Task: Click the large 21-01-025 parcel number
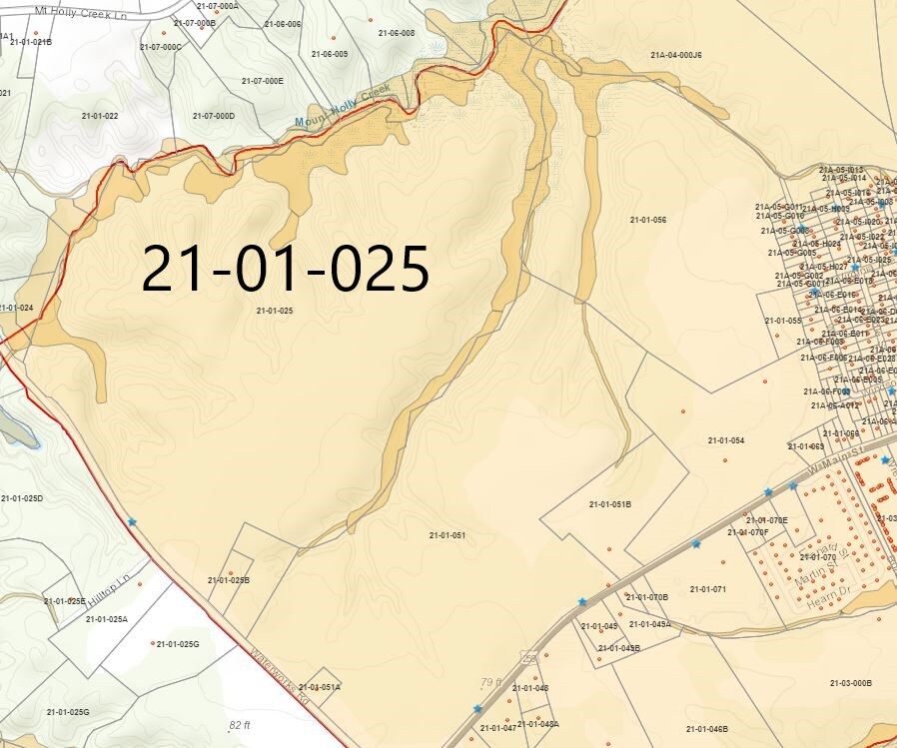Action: tap(286, 270)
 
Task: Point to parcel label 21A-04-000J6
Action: tap(676, 55)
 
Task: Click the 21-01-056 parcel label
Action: tap(648, 219)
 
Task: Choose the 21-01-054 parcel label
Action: tap(726, 440)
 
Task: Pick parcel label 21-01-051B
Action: tap(610, 504)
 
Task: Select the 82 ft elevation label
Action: tap(240, 724)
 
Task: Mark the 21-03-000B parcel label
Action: tap(850, 683)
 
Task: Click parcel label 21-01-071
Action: tap(707, 589)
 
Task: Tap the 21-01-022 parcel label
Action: tap(100, 116)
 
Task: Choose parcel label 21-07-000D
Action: tap(214, 116)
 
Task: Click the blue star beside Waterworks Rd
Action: tap(132, 521)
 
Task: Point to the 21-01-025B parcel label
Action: tap(228, 580)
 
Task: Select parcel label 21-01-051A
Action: tap(320, 687)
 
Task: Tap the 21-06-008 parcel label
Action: tap(396, 33)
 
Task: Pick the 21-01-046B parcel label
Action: tap(707, 729)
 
